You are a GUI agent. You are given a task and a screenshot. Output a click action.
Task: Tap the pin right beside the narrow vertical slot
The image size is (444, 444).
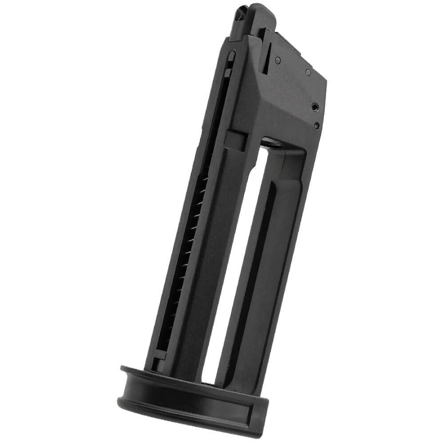tap(278, 60)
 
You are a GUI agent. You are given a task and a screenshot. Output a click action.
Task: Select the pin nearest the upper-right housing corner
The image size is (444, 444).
tap(308, 72)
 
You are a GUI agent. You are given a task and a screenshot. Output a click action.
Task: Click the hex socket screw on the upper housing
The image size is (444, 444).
tap(314, 105)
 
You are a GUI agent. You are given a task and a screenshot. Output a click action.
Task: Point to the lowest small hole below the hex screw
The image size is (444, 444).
tap(316, 125)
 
